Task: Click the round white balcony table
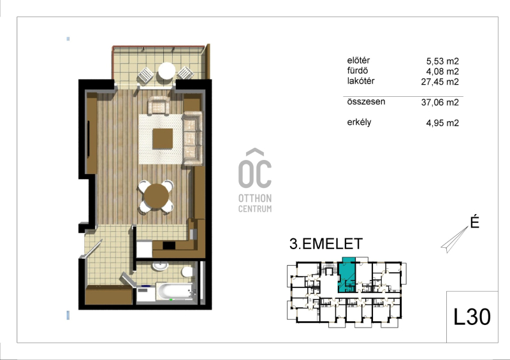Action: point(166,71)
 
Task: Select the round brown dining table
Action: point(156,196)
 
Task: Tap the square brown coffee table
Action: point(163,138)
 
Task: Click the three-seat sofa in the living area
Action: point(193,138)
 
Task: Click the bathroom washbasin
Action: point(160,266)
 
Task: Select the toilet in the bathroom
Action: point(187,271)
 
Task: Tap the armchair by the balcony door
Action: point(159,104)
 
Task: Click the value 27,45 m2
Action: point(440,82)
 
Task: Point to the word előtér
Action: point(358,61)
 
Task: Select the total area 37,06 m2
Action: point(440,103)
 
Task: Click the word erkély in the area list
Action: point(359,122)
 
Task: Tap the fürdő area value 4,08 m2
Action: point(442,71)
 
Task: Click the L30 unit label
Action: point(472,317)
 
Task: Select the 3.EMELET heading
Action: point(326,244)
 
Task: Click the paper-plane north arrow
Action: point(455,240)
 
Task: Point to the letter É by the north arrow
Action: point(475,222)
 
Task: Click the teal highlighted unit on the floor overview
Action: point(346,275)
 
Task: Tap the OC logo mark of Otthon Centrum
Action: point(255,168)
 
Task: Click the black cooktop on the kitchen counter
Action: point(169,245)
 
